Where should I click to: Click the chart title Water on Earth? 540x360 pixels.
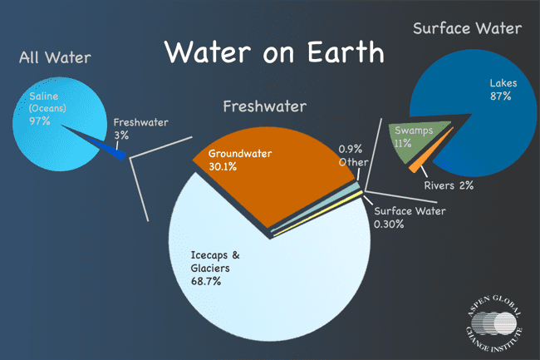click(x=274, y=52)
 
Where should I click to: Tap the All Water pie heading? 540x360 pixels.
click(x=55, y=57)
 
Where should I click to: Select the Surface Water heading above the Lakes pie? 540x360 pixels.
click(x=468, y=28)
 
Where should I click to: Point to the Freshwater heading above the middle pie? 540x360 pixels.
click(x=264, y=106)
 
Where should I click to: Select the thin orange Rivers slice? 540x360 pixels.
click(x=430, y=150)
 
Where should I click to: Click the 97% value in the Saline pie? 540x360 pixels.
click(x=40, y=121)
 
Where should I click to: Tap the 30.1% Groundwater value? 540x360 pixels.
click(x=223, y=167)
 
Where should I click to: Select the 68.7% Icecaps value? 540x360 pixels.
click(x=206, y=281)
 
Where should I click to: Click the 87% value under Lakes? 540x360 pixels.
click(x=500, y=96)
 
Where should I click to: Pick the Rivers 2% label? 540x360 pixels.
click(x=449, y=185)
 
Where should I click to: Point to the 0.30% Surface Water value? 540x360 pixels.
click(x=389, y=224)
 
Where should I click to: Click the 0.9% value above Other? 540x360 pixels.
click(x=351, y=149)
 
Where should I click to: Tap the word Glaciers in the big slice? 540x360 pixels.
click(x=210, y=268)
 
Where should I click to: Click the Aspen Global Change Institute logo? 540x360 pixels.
click(x=494, y=323)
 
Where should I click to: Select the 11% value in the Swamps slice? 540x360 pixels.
click(x=403, y=143)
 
